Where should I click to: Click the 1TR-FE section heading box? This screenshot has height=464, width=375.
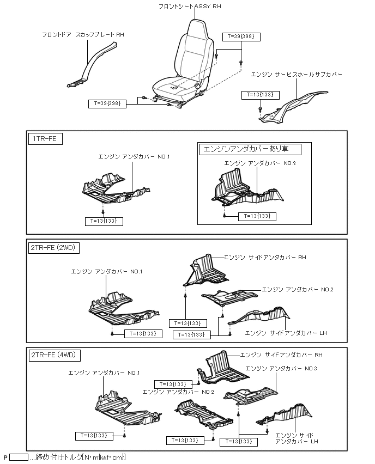pyautogui.click(x=45, y=139)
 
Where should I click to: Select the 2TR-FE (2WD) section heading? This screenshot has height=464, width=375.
pyautogui.click(x=55, y=248)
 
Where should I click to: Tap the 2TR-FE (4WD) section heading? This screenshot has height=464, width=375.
pyautogui.click(x=55, y=356)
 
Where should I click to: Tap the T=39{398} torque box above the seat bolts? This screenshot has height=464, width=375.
pyautogui.click(x=242, y=36)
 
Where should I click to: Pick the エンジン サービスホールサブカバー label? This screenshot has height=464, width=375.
pyautogui.click(x=297, y=74)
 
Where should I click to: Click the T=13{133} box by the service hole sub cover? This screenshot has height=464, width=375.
pyautogui.click(x=260, y=95)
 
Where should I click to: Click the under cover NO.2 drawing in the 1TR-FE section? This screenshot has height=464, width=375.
pyautogui.click(x=245, y=191)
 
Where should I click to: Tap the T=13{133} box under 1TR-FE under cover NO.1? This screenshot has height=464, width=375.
pyautogui.click(x=104, y=221)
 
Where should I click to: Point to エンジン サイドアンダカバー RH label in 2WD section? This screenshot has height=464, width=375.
pyautogui.click(x=265, y=257)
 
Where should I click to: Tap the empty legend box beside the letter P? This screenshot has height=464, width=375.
pyautogui.click(x=19, y=457)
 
